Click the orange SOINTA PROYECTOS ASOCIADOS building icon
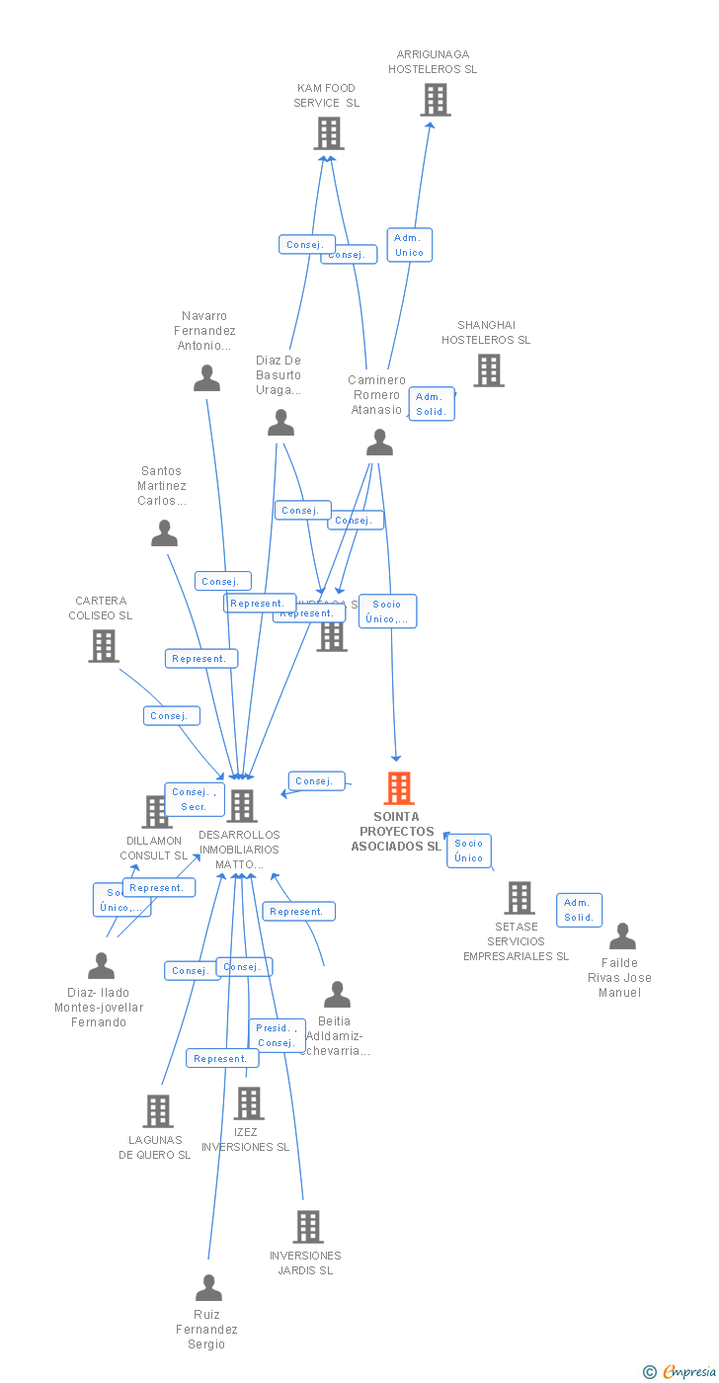point(399,788)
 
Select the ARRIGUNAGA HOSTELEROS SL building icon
point(435,100)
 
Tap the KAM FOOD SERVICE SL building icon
point(329,133)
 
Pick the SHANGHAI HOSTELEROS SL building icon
point(489,370)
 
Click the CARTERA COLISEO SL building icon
point(103,646)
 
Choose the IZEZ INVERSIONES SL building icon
point(249,1103)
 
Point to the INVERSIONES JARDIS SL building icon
point(308,1227)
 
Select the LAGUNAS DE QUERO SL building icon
point(157,1111)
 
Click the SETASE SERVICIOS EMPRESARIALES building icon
point(519,898)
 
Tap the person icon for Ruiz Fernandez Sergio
point(208,1288)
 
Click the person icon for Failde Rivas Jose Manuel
point(622,936)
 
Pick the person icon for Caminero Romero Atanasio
point(380,443)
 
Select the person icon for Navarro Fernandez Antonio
point(206,378)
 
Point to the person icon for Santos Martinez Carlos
point(164,533)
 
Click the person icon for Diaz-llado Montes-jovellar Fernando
point(101,966)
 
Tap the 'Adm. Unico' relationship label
point(409,245)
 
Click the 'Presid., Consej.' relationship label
point(277,1035)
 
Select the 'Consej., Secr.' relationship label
point(194,799)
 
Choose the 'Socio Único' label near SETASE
point(469,851)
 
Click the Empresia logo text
point(688,1371)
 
